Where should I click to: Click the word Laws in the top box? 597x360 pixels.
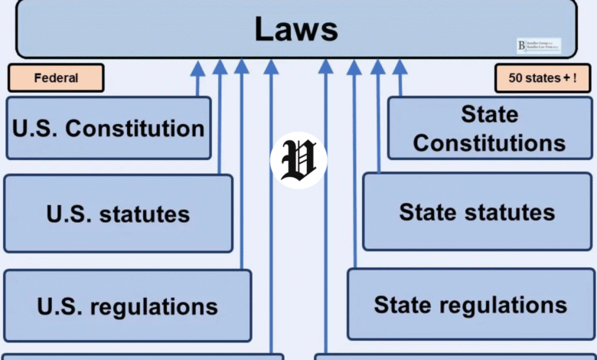coord(296,29)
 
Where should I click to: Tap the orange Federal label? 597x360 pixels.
coord(56,78)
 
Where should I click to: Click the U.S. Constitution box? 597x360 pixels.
coord(108,128)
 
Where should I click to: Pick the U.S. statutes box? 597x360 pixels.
coord(118,214)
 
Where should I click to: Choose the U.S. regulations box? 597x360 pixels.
coord(127,306)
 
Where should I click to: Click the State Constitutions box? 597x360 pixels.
coord(489,128)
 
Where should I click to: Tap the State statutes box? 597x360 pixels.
coord(477,211)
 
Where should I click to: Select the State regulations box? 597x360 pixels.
coord(470,304)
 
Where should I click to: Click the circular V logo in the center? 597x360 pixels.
coord(298,160)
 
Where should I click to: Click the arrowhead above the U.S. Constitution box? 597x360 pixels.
coord(197,69)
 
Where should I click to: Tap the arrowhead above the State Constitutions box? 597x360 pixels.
coord(399,69)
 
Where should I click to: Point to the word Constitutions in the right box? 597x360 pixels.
coord(489,142)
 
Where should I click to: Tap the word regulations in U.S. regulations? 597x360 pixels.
coord(154,306)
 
